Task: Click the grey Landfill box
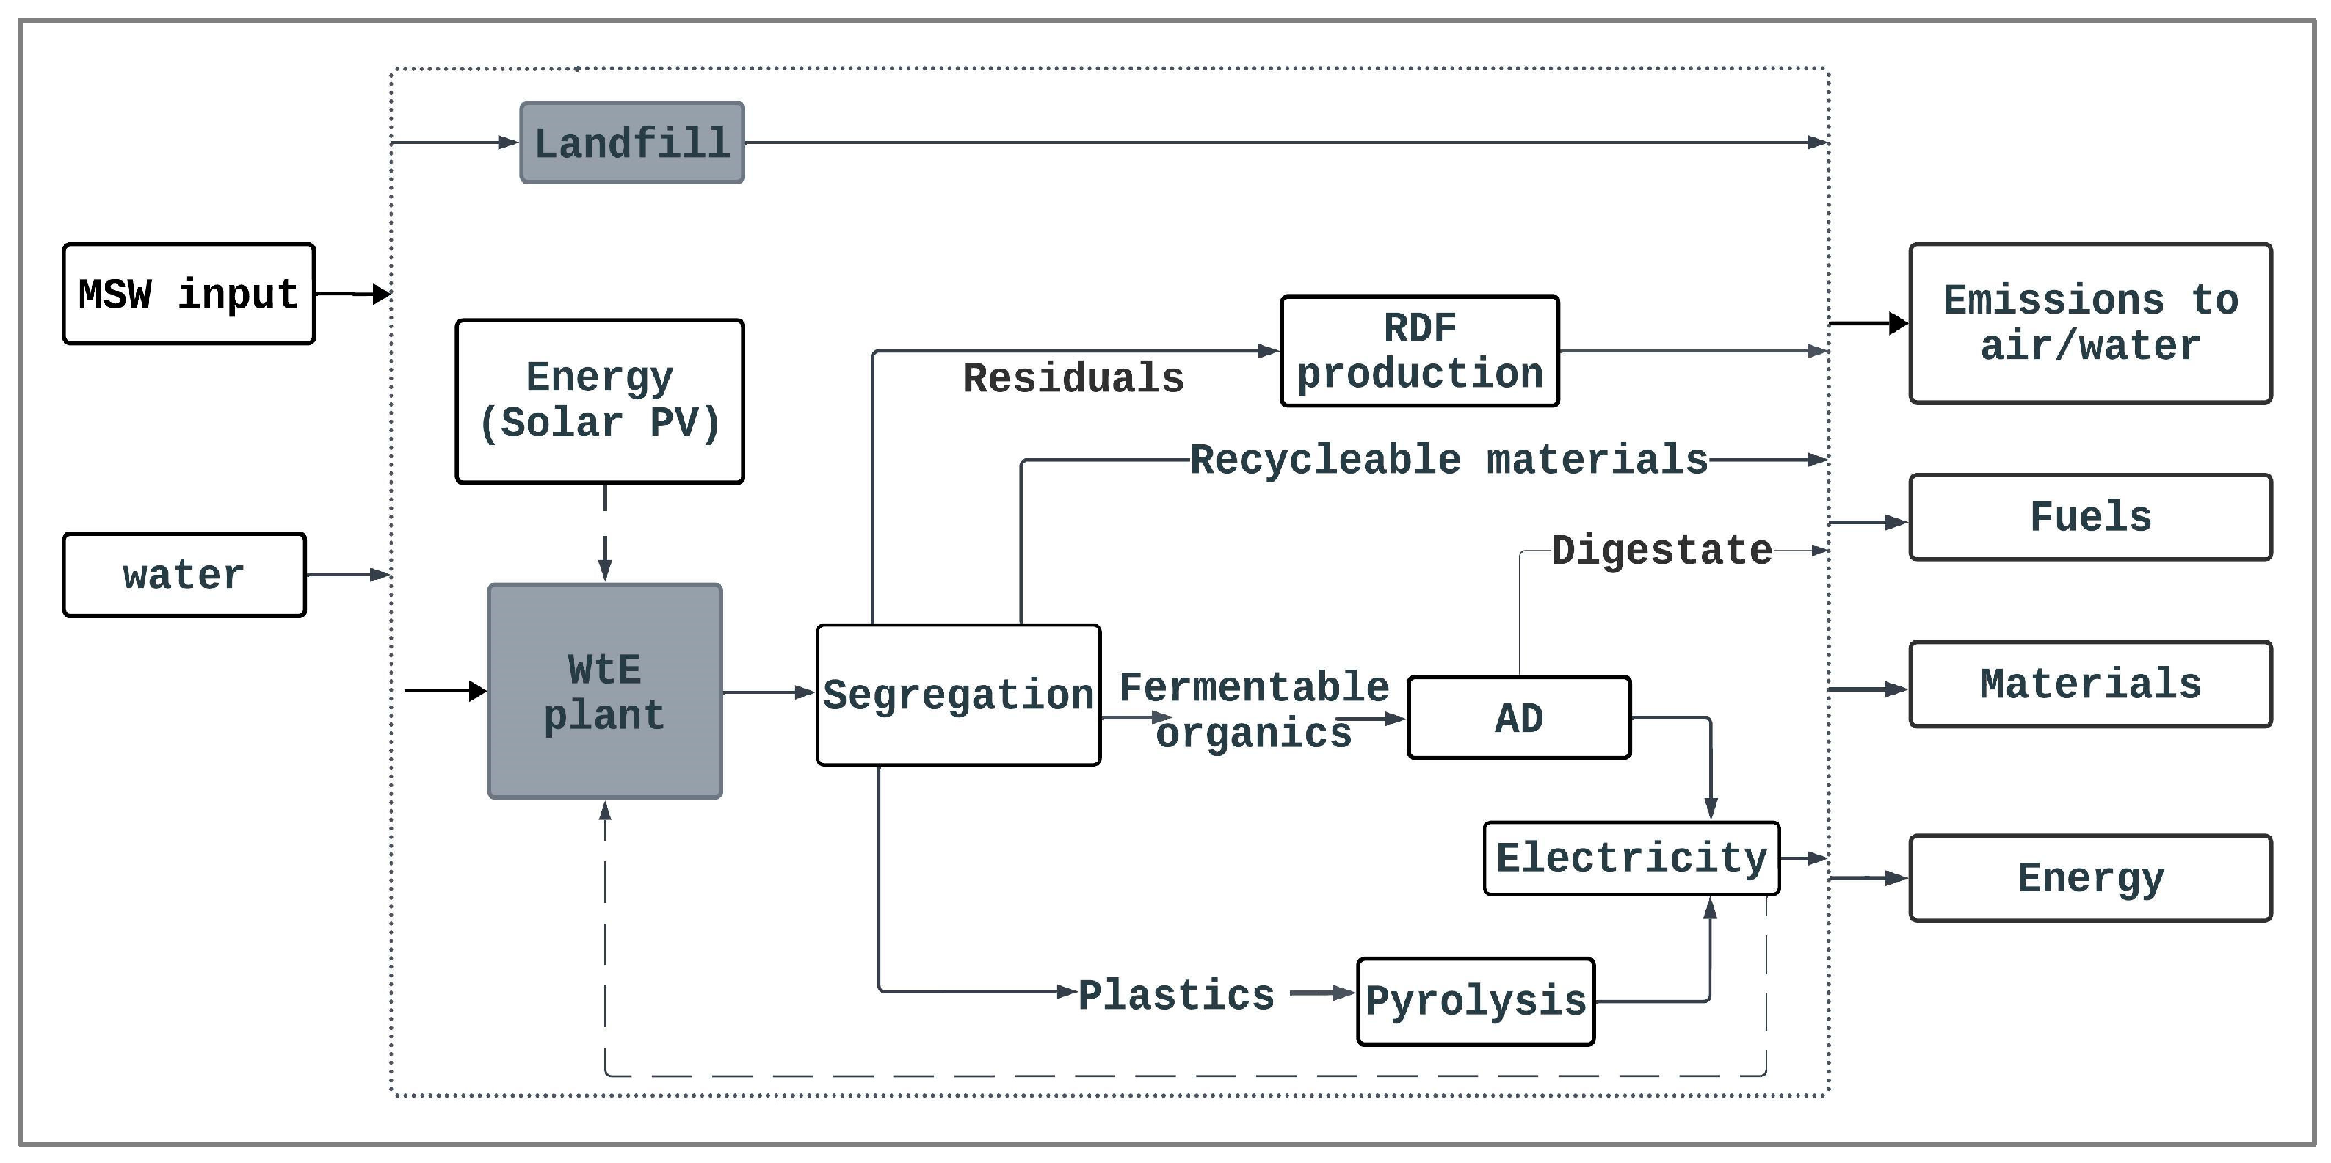tap(631, 143)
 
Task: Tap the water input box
tap(184, 576)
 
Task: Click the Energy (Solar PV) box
tap(599, 401)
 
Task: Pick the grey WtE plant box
tap(604, 692)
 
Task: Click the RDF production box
tap(1419, 351)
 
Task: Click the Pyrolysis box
tap(1475, 1001)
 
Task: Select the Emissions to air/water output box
tap(2089, 323)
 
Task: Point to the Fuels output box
tap(2089, 518)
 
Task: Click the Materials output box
tap(2089, 684)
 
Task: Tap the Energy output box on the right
tap(2089, 878)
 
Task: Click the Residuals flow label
tap(1073, 378)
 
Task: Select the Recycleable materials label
tap(1448, 460)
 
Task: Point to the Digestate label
tap(1661, 550)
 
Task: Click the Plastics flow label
tap(1175, 996)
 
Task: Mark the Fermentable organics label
tap(1253, 711)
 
